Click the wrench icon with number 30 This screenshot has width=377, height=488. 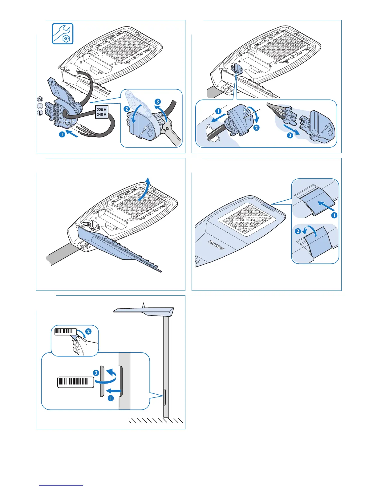click(63, 34)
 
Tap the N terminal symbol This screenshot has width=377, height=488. click(40, 100)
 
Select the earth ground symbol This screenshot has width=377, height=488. click(40, 106)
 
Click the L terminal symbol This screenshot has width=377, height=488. click(40, 113)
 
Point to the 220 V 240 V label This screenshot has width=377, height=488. click(101, 112)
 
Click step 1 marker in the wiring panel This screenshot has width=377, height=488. click(62, 134)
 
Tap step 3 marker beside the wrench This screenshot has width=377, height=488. click(158, 102)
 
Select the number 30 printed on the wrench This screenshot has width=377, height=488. click(167, 130)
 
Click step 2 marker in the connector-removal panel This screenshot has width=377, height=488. click(256, 128)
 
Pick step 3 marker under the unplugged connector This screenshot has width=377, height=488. click(290, 135)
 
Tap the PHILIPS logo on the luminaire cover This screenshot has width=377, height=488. click(217, 245)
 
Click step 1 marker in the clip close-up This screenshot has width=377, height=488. click(334, 215)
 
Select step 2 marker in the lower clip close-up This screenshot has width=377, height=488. click(298, 231)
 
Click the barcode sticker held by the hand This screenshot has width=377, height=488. click(65, 331)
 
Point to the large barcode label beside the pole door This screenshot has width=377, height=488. click(75, 382)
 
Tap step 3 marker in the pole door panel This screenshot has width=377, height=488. click(96, 373)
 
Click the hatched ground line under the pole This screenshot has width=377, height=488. click(156, 420)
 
